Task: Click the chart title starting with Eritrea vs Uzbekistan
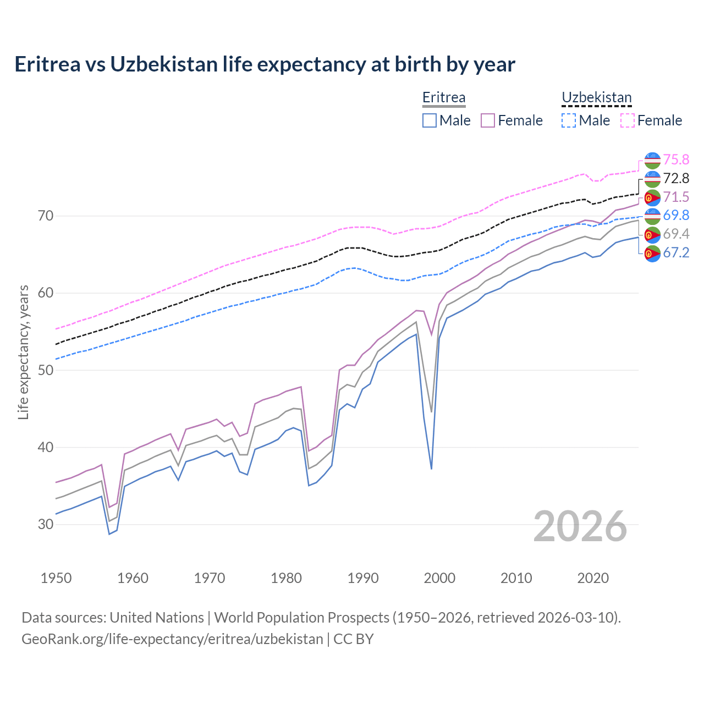(x=265, y=64)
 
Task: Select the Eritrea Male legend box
(x=430, y=120)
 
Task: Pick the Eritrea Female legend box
(x=488, y=120)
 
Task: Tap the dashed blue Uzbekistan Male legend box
(x=569, y=120)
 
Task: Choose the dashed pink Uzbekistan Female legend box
(x=628, y=120)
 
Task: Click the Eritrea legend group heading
(x=444, y=98)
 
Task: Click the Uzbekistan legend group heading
(x=596, y=98)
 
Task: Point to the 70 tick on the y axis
(x=46, y=216)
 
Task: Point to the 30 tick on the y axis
(x=46, y=524)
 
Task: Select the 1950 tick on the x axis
(x=56, y=578)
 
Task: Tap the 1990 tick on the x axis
(x=363, y=578)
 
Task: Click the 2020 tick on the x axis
(x=593, y=578)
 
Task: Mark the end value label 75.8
(x=676, y=159)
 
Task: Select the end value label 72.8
(x=676, y=178)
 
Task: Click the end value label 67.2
(x=676, y=252)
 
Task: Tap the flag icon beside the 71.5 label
(x=652, y=197)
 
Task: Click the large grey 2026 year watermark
(x=580, y=526)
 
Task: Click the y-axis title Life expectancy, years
(x=23, y=352)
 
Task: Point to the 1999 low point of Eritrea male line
(x=431, y=469)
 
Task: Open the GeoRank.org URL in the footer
(x=172, y=639)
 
